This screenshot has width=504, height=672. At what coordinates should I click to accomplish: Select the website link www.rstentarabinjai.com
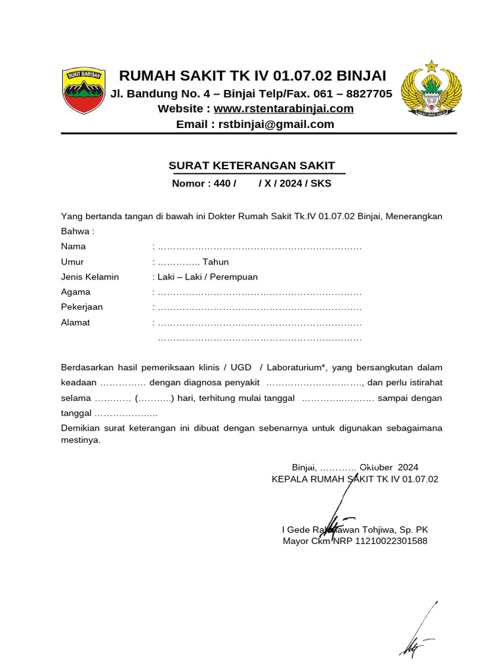point(283,109)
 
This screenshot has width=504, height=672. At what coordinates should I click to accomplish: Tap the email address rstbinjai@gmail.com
point(276,124)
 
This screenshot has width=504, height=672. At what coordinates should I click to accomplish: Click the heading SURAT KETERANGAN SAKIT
point(252,165)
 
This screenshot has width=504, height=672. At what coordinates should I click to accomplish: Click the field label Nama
point(73,247)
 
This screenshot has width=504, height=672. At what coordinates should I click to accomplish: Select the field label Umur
point(72,262)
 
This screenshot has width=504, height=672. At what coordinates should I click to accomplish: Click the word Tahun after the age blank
point(215,262)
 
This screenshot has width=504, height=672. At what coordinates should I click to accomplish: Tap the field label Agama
point(75,292)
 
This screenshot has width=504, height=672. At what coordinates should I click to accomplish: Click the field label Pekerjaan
point(82,307)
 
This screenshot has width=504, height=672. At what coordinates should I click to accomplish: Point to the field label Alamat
point(75,322)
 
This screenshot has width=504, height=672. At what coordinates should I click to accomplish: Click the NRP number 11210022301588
point(391,541)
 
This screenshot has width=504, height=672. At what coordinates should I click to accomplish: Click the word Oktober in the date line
point(377,467)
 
